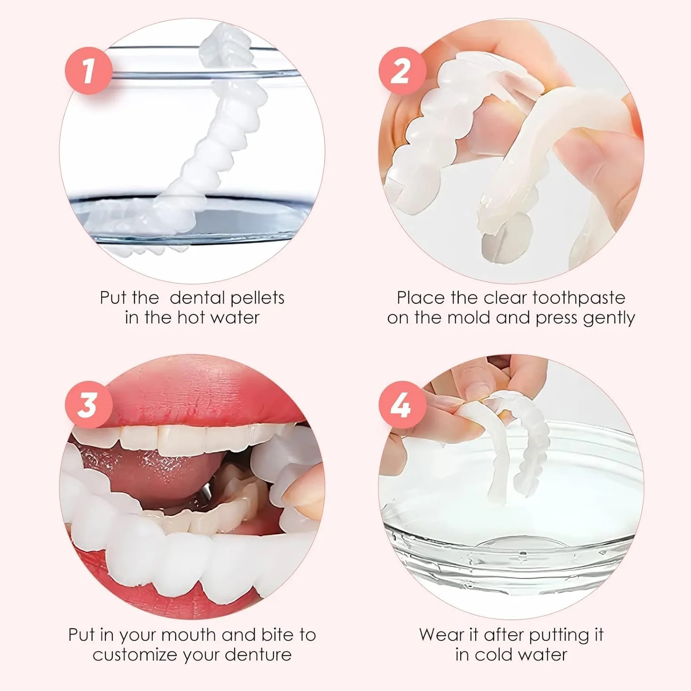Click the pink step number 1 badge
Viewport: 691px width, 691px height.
tap(88, 71)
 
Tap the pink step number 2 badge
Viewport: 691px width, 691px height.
tap(402, 71)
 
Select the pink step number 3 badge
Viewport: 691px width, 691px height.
tap(88, 405)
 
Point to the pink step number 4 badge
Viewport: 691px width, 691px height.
tap(402, 405)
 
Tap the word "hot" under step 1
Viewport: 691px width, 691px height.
tap(191, 318)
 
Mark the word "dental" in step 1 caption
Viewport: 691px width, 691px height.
tap(197, 298)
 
